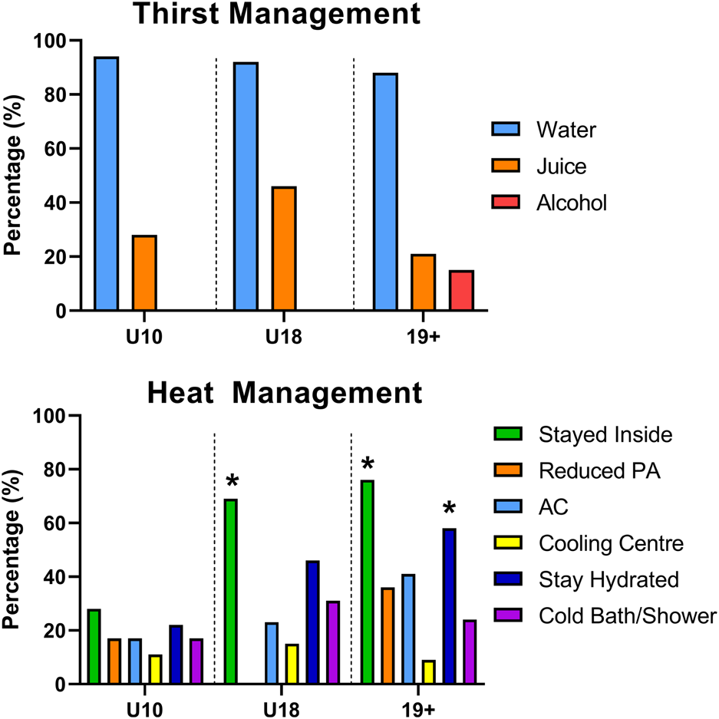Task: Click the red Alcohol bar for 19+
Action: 461,291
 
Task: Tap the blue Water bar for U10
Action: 106,184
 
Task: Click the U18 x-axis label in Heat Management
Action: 283,704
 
